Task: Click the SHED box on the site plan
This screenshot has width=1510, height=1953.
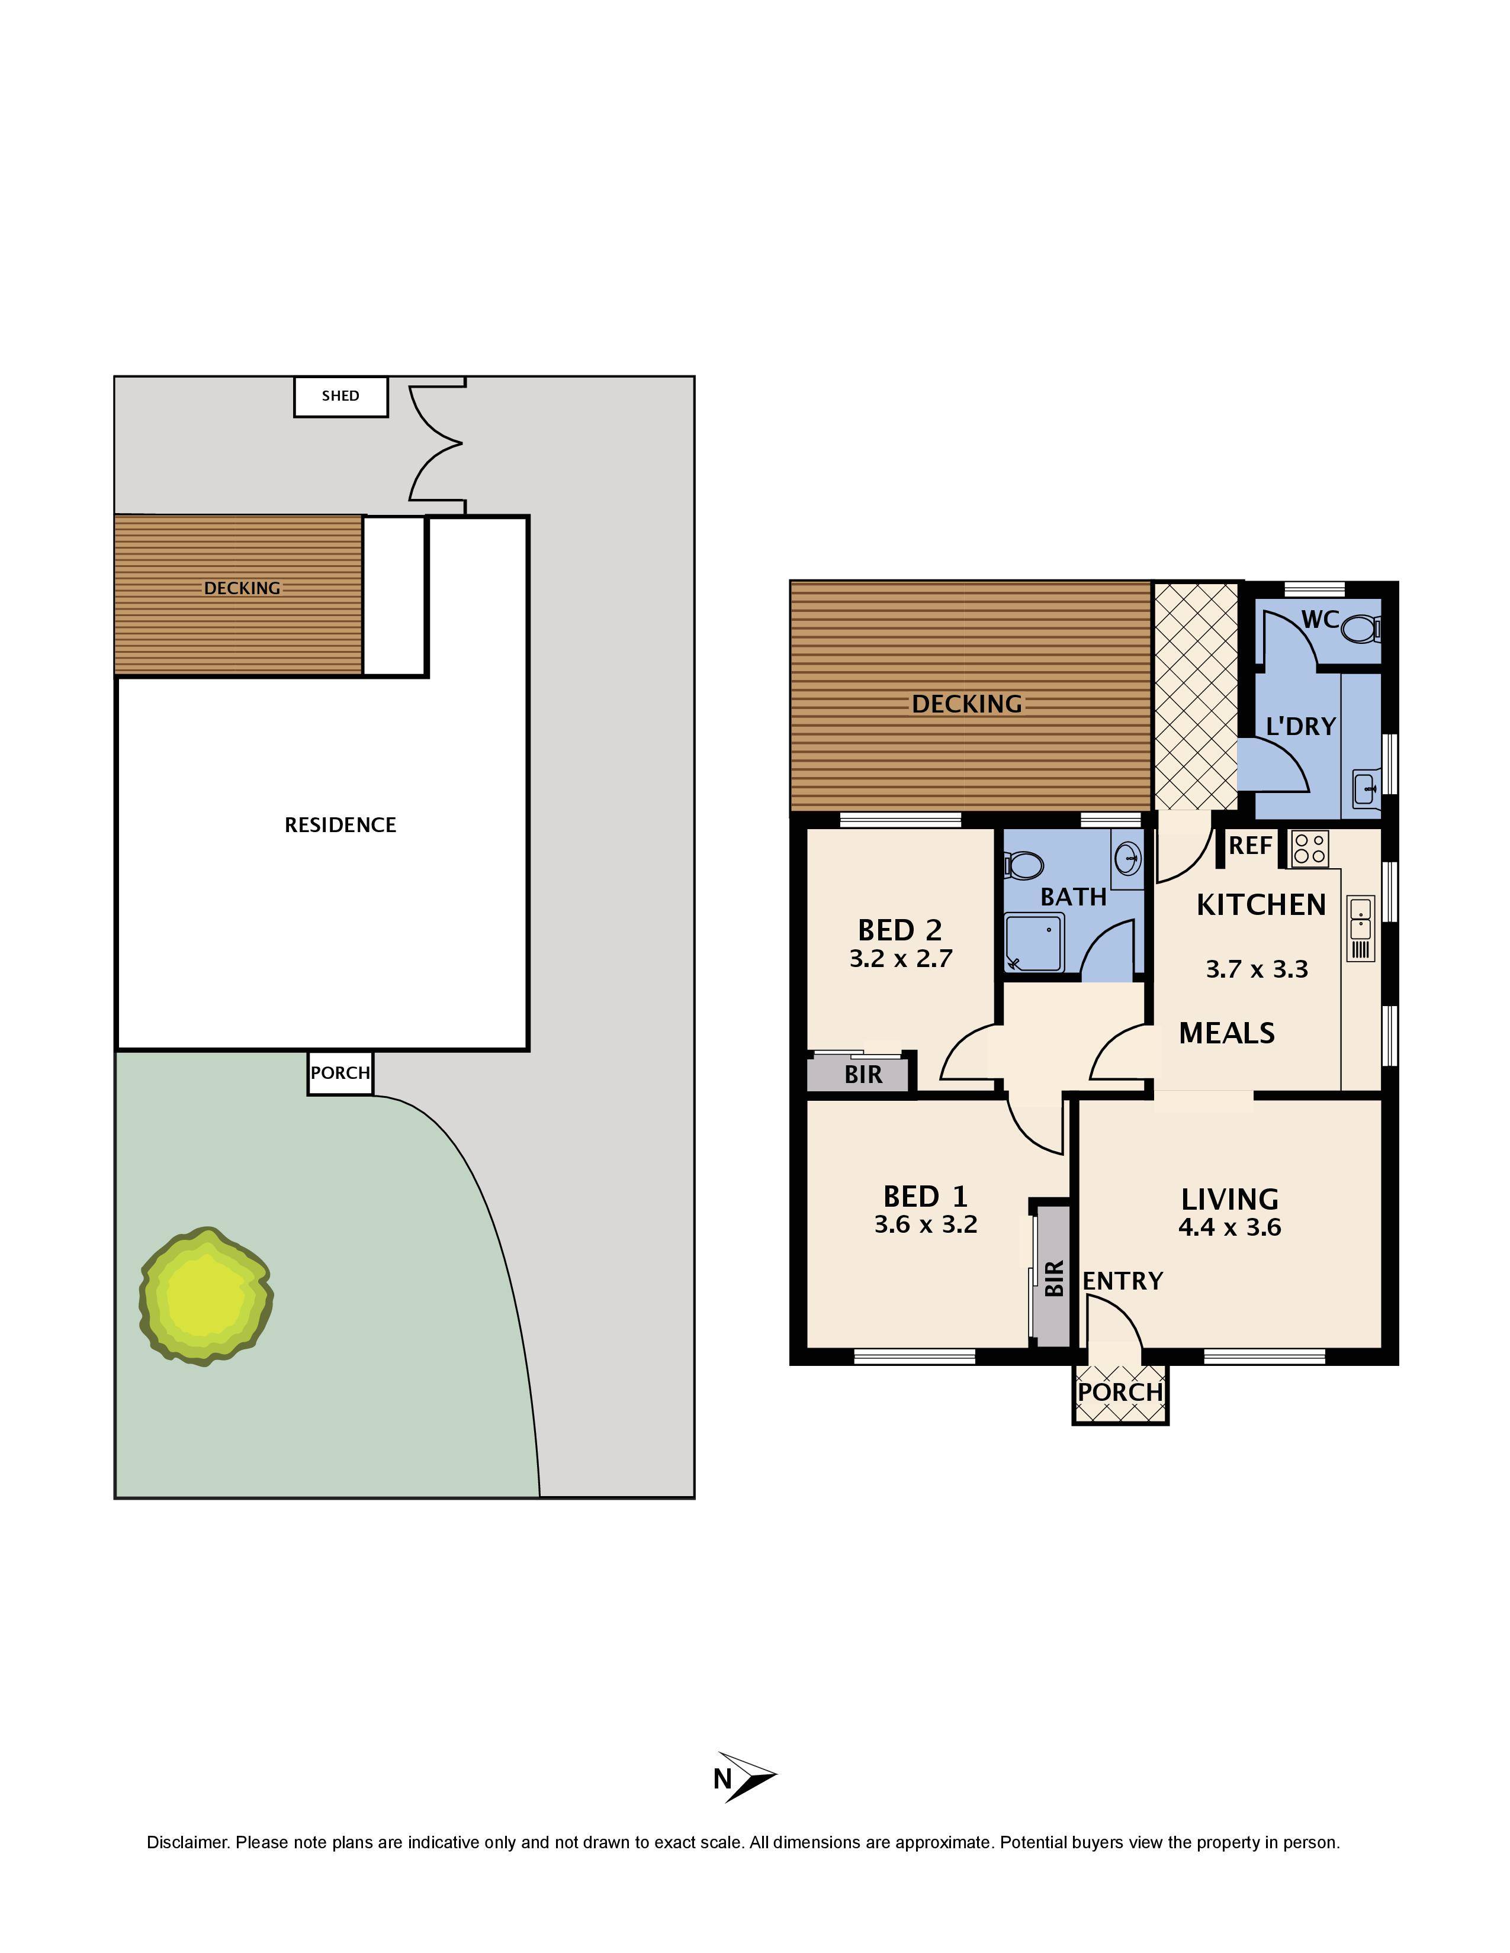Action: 341,396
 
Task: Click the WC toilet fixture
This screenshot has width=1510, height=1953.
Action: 1363,628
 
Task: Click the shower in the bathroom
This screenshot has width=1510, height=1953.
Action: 1034,942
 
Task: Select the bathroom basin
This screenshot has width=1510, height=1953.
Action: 1128,859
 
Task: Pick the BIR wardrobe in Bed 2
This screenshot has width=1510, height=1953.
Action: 860,1073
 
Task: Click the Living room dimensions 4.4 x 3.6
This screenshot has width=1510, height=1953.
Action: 1230,1227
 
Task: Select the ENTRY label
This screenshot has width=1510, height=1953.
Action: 1123,1281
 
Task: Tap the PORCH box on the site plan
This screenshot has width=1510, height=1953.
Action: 340,1072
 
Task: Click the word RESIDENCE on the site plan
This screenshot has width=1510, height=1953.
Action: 340,824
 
